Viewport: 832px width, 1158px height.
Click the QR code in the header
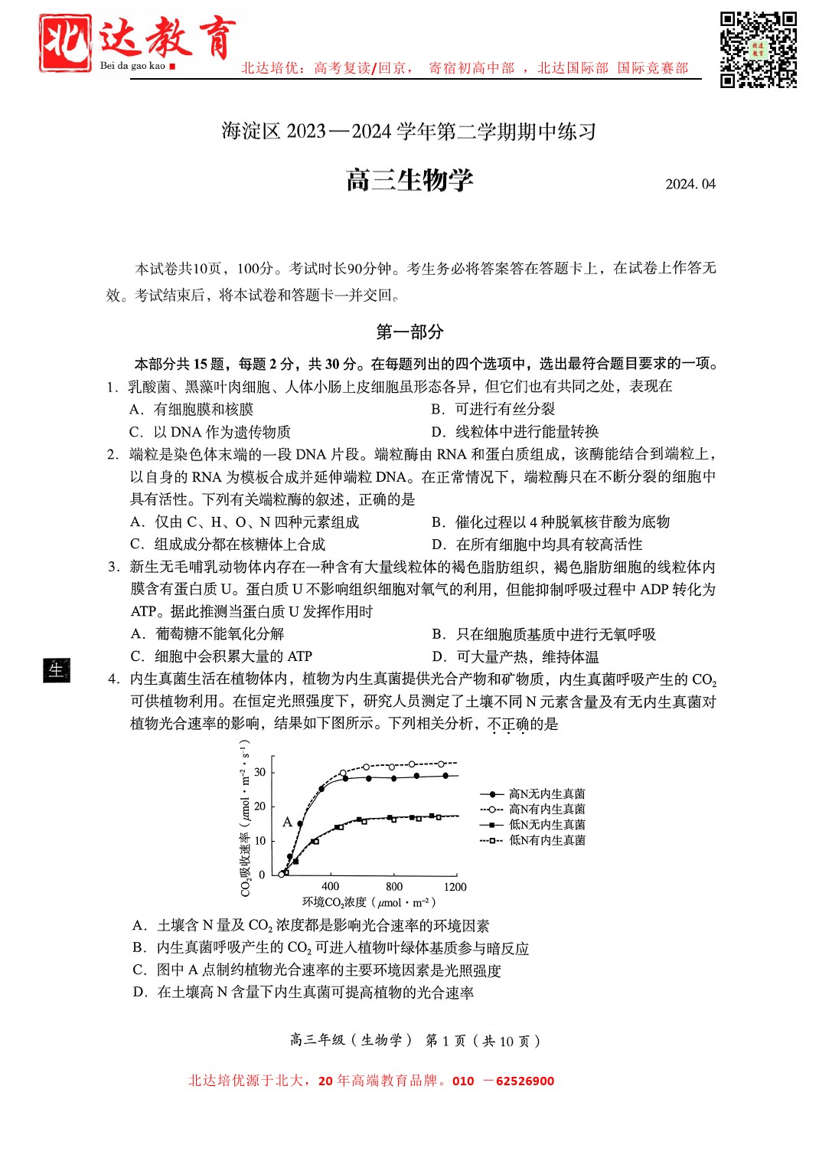coord(758,50)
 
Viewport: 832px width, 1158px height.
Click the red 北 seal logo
coord(65,44)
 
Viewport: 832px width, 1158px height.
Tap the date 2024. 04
coord(690,184)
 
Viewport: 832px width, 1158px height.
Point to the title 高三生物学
coord(409,181)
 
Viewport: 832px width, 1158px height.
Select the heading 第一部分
coord(409,332)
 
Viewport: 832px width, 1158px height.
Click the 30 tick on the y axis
coord(260,772)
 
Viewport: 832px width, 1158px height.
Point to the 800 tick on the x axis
coord(394,887)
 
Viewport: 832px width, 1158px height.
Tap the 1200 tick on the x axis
coord(455,887)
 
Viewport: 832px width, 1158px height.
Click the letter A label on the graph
coord(287,822)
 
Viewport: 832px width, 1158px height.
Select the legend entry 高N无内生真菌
coord(547,794)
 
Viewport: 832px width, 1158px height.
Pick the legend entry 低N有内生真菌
coord(547,840)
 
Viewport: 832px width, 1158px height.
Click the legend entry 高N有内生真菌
coord(547,810)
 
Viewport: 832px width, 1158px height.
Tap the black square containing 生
coord(57,670)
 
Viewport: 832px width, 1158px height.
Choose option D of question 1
coord(515,432)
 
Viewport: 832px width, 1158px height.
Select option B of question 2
coord(551,522)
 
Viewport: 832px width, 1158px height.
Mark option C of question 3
coord(221,656)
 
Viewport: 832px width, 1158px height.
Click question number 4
coord(113,679)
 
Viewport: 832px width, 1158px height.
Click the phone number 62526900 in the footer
coord(524,1081)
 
